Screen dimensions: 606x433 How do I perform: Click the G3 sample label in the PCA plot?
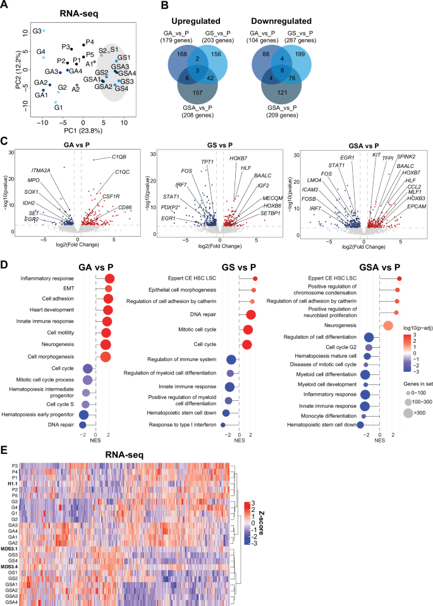point(37,31)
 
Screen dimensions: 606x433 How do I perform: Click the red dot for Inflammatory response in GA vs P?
point(109,278)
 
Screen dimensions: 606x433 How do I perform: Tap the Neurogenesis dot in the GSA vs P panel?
point(389,325)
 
